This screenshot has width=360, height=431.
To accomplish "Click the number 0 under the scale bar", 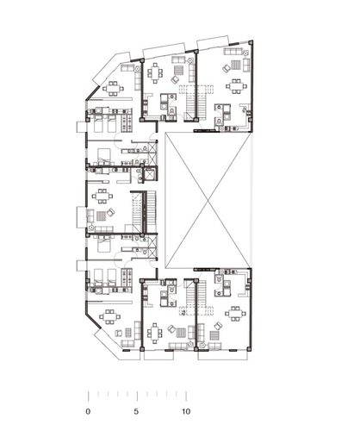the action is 88,411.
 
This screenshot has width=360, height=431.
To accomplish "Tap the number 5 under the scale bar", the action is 136,411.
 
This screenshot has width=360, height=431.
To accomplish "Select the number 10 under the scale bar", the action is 186,411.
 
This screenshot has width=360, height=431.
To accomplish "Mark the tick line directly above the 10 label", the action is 186,396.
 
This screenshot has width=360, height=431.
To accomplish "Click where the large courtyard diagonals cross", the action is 208,200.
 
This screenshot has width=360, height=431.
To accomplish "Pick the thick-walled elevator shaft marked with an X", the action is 150,174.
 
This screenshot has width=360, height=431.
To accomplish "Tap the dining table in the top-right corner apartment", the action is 236,86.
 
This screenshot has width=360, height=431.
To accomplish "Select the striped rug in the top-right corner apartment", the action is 236,65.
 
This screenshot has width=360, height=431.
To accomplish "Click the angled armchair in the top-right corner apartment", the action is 227,68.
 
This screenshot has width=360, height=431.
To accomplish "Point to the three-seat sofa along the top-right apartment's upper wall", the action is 233,52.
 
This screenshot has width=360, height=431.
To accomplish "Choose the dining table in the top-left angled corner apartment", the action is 113,89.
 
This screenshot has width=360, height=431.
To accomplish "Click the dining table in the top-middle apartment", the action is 155,73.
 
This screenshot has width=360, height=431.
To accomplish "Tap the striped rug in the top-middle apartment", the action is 178,70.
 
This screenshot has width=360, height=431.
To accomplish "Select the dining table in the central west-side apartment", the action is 102,196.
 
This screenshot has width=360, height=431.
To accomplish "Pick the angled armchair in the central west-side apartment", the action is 110,212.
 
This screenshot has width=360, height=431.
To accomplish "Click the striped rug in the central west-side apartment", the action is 101,216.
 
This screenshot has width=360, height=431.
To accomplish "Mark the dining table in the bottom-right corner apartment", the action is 236,314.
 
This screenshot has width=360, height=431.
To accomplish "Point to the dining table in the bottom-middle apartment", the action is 155,334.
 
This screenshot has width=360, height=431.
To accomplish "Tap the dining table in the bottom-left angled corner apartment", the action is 109,316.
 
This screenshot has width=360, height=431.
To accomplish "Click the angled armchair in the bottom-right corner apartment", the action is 218,326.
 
